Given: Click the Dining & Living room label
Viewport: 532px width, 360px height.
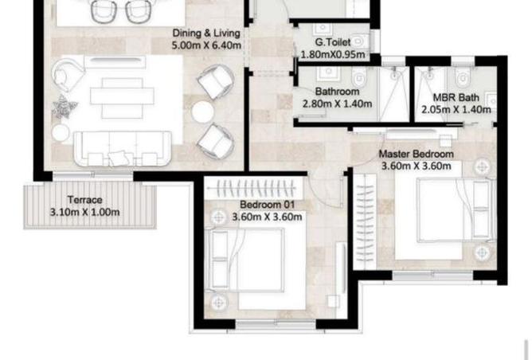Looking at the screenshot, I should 206,33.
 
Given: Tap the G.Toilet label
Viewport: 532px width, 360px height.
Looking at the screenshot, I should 332,42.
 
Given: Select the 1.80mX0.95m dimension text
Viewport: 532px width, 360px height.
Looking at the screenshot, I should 332,55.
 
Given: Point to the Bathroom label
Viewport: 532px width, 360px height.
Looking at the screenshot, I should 337,92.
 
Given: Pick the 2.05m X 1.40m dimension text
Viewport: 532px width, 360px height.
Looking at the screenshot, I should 456,110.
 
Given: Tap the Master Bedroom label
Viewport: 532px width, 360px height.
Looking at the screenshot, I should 416,154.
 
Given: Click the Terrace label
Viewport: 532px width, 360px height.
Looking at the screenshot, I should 84,200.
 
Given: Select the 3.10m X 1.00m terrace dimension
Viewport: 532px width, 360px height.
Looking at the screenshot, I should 84,213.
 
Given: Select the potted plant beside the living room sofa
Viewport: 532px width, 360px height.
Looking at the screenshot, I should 61,106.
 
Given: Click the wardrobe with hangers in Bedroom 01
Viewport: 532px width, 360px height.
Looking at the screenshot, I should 255,190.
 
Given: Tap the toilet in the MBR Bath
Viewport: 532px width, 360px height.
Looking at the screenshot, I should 463,80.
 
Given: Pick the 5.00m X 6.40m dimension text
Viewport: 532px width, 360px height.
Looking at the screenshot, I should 206,46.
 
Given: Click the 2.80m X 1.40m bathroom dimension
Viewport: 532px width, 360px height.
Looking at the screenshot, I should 337,104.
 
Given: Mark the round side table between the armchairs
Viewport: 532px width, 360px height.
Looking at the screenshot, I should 202,112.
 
